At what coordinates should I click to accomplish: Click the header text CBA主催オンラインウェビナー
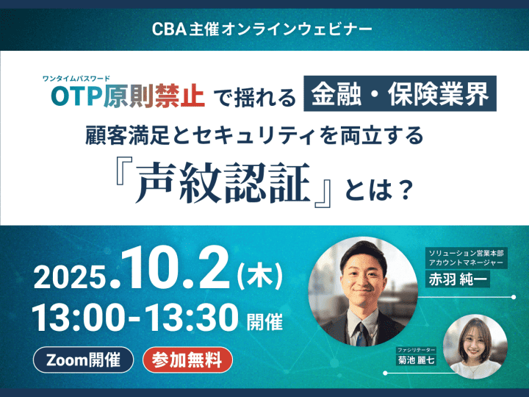coord(262,29)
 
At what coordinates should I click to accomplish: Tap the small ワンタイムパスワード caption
coord(76,79)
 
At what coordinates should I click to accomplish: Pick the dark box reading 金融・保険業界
coord(400,93)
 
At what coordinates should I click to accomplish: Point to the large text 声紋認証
coord(223,183)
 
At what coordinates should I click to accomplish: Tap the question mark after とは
coord(403,190)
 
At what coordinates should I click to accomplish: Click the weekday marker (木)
coord(260,276)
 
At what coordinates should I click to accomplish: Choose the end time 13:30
coord(193,318)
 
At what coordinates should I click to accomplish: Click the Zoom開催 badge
coord(83,360)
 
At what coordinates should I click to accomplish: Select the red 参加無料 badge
coord(188,360)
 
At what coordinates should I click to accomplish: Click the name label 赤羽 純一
coord(458,279)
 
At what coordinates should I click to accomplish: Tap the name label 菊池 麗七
coord(416,360)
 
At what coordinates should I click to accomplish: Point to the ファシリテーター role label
coord(417,350)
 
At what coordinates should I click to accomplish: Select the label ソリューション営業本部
coord(466,253)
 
